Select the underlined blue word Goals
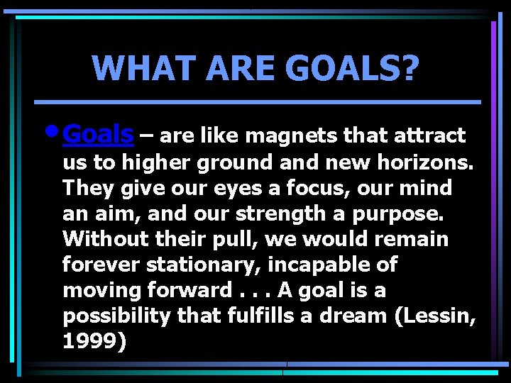98,133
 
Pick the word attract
429,135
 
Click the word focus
324,188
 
